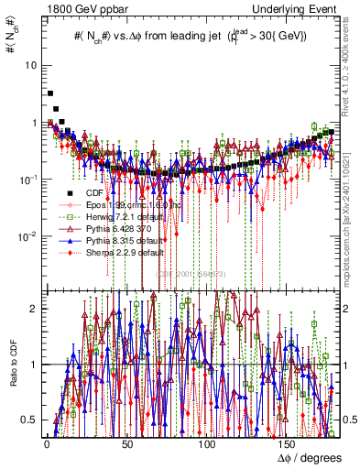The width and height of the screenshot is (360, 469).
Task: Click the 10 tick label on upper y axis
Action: point(31,65)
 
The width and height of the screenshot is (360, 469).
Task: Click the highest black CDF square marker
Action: point(50,93)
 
